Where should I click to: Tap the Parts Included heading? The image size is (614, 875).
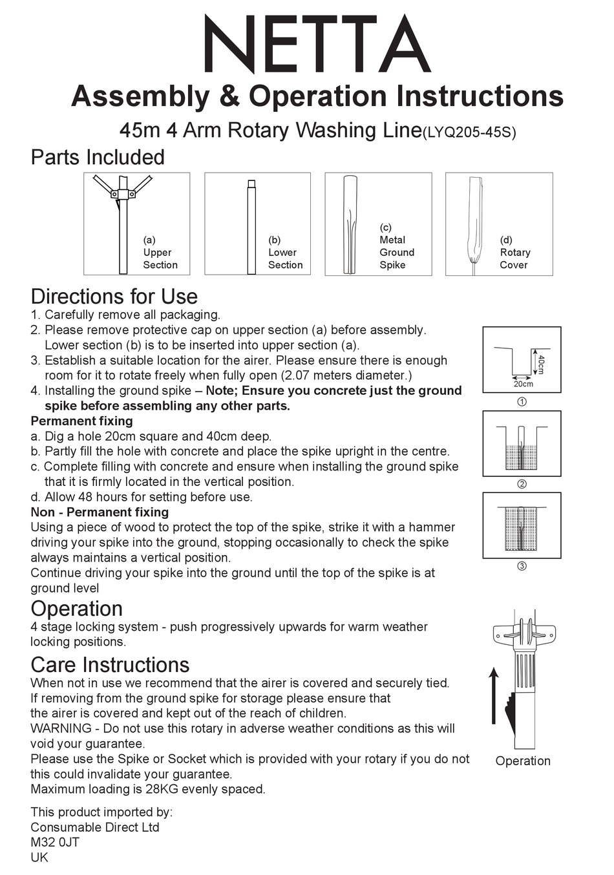(98, 157)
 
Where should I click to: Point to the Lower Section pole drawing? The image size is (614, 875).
(252, 226)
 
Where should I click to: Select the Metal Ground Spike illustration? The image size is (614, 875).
(350, 224)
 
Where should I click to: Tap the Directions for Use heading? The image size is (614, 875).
(114, 297)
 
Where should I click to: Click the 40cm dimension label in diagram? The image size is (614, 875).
(541, 364)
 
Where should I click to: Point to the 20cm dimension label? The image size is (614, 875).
(523, 384)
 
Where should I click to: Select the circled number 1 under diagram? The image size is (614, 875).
(522, 402)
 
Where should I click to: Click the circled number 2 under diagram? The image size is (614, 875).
(522, 484)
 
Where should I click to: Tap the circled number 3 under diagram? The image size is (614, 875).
(522, 567)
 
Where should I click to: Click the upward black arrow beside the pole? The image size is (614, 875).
(494, 695)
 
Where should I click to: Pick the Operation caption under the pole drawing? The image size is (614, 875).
(523, 761)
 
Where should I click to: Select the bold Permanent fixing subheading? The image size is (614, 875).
(81, 421)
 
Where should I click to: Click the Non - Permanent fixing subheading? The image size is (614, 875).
(100, 512)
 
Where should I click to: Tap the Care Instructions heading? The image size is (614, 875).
(110, 665)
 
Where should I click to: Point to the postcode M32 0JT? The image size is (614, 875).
(55, 842)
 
